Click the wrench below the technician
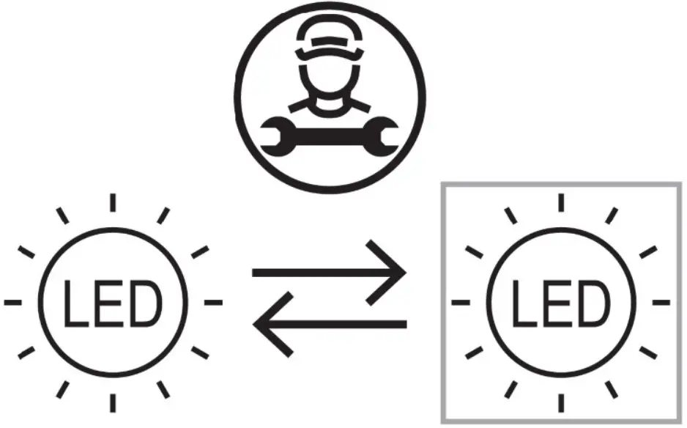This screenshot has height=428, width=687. [x=330, y=136]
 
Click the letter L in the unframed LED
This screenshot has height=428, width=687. [x=74, y=303]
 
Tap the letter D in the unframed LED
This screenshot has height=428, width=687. [x=144, y=303]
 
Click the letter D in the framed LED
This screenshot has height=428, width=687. [x=593, y=303]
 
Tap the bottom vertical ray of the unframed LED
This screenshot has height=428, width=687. [x=112, y=402]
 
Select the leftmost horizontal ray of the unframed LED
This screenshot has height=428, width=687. [x=12, y=301]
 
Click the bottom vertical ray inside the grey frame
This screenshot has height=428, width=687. [x=560, y=402]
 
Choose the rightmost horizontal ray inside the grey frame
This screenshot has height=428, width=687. [x=661, y=301]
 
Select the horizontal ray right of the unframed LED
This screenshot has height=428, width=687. [x=213, y=301]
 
